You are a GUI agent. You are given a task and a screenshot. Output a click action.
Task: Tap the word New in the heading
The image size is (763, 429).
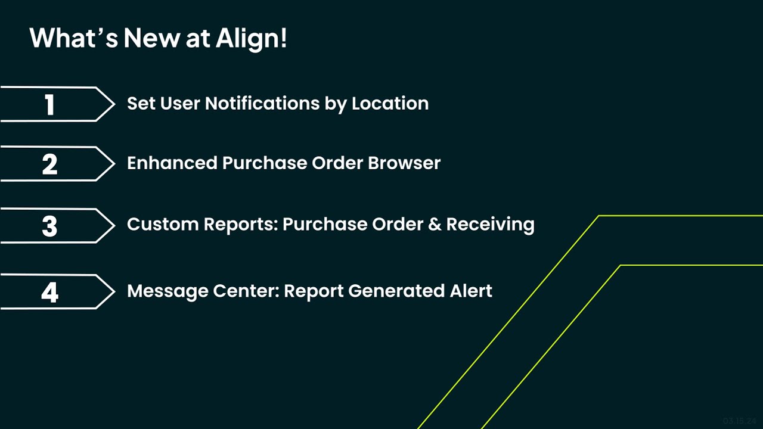(152, 39)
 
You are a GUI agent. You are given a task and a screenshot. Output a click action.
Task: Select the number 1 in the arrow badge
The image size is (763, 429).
(50, 105)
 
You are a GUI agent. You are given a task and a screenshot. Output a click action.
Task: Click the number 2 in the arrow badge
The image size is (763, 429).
(50, 164)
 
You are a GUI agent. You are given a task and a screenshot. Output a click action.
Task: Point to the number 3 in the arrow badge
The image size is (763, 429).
(50, 226)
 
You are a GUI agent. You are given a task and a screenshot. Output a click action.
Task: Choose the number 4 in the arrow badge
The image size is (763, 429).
(50, 293)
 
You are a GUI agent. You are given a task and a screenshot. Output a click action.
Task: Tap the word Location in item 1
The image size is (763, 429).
(390, 104)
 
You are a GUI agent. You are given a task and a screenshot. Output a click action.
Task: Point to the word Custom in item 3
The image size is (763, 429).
(163, 225)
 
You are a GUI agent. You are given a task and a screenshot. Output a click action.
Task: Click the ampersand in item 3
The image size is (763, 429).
(437, 225)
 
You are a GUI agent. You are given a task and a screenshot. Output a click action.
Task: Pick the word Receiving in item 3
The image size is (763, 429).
(490, 225)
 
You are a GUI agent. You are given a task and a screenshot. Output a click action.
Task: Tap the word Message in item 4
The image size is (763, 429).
(164, 291)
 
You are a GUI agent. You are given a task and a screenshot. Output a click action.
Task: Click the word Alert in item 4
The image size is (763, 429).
(470, 291)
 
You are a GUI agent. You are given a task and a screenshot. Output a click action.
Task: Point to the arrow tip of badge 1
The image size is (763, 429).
(113, 104)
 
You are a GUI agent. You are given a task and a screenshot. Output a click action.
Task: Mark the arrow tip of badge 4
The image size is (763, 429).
(113, 292)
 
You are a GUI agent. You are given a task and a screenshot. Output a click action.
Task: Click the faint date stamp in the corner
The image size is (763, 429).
(740, 420)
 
